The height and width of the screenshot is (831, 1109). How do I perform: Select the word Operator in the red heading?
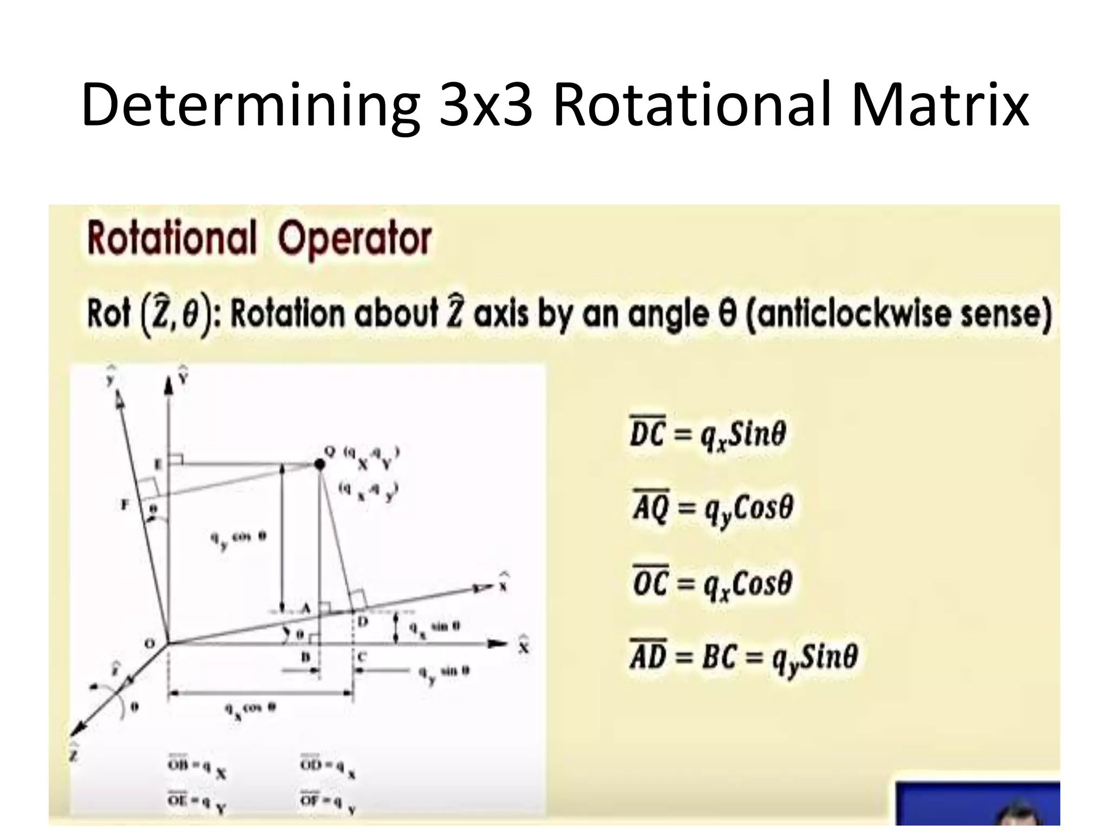point(355,239)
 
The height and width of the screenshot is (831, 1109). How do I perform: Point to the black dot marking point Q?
point(320,464)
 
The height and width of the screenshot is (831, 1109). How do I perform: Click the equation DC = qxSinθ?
point(707,434)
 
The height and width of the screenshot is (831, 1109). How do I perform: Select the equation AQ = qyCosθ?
point(712,509)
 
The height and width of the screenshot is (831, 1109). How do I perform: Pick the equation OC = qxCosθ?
point(712,584)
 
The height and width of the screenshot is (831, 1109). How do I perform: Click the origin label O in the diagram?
point(150,644)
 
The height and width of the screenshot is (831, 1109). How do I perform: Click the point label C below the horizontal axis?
point(362,657)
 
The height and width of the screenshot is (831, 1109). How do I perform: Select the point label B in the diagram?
point(305,657)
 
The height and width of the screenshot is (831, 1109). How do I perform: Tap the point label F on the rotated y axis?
point(125,505)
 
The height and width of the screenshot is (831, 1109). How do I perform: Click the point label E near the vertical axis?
point(158,464)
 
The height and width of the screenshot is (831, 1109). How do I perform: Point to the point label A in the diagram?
point(305,608)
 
